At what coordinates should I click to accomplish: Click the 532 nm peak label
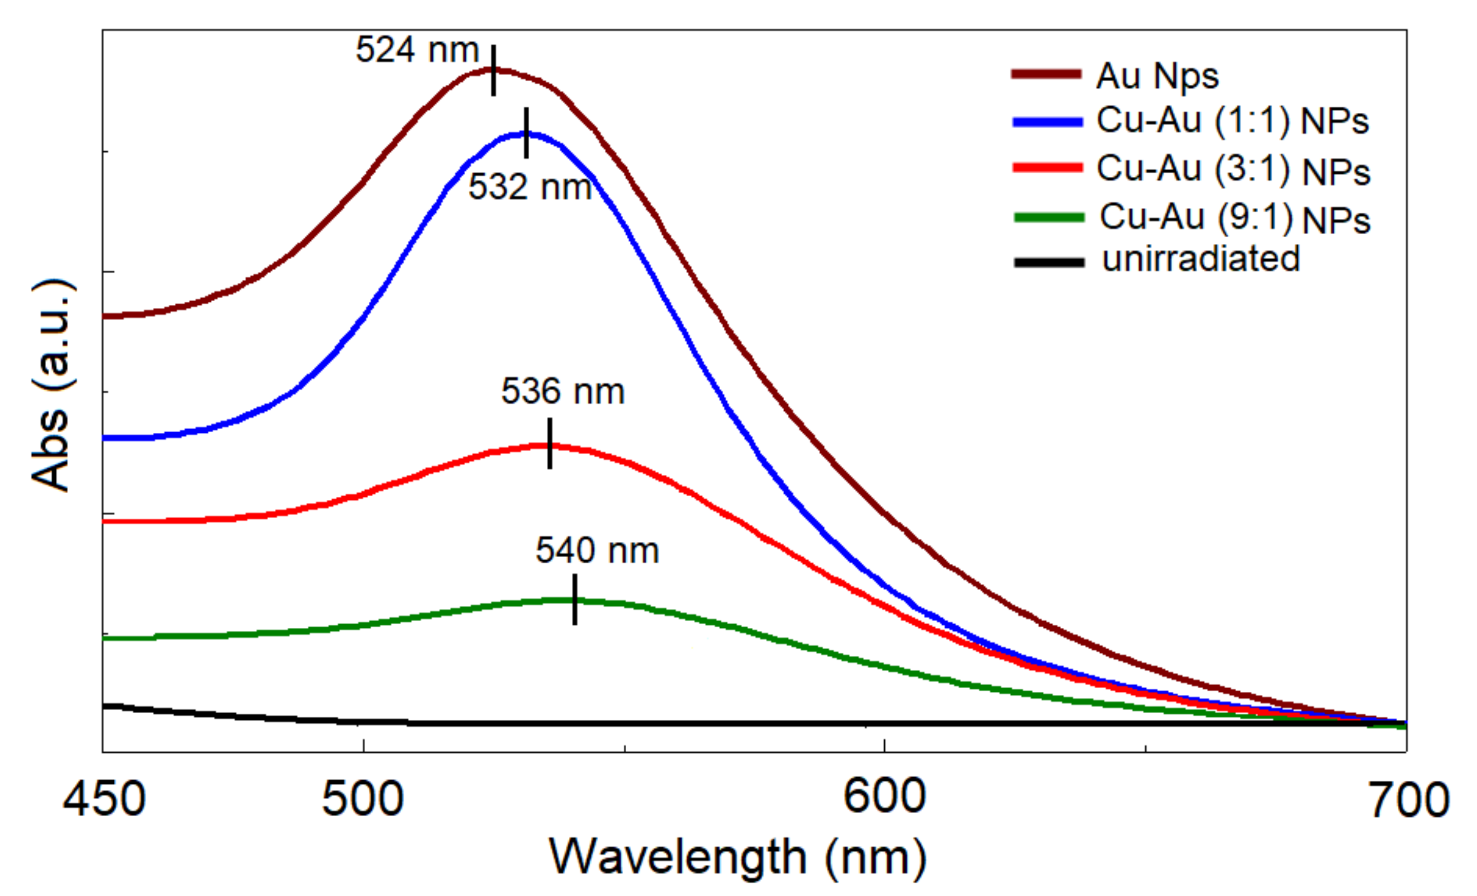530,187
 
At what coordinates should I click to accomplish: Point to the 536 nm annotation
563,392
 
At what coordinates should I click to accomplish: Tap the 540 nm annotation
597,550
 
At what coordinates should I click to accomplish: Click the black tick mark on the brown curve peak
493,71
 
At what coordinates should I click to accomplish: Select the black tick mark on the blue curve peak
526,133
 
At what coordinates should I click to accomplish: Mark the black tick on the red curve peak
550,443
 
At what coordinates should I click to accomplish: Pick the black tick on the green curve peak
575,600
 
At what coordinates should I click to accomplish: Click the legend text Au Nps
1158,77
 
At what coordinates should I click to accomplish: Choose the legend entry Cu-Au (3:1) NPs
1234,170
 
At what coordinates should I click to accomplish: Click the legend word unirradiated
1201,260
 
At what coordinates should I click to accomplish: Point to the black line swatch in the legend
1049,263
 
